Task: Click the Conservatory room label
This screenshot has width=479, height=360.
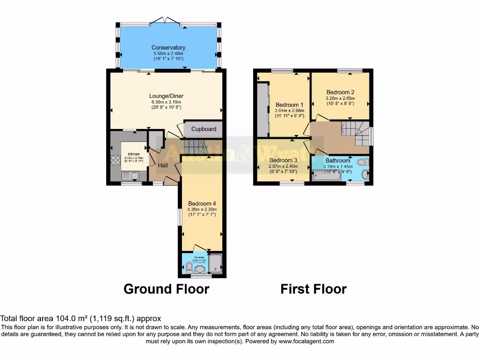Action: coord(168,47)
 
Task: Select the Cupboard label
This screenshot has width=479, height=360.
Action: coord(203,129)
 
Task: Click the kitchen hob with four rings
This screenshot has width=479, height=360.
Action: coord(116,160)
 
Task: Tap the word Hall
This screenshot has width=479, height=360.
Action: coord(163,165)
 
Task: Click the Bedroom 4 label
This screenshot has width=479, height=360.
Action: coord(201,203)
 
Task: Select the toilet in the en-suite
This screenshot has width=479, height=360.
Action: coord(189,267)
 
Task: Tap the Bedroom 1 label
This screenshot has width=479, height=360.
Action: coord(290,105)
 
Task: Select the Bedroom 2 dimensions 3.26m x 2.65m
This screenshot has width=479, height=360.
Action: coord(340,98)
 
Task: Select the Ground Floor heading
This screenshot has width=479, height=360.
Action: coord(166,289)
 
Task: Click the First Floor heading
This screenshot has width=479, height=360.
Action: coord(313,289)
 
